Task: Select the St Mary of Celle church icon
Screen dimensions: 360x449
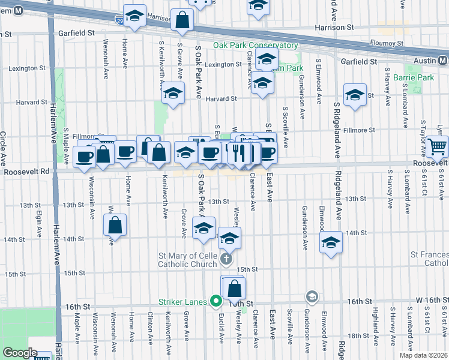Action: pos(226,259)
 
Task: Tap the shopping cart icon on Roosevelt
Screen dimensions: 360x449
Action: pos(438,146)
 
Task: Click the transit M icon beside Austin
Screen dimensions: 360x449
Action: pos(443,61)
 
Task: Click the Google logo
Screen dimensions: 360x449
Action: pos(20,353)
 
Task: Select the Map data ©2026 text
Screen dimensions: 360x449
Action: pos(423,355)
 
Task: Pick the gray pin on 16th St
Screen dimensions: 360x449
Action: pos(312,296)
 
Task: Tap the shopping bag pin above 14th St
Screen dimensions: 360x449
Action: pos(115,226)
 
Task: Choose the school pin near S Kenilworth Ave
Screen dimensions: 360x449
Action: pos(173,94)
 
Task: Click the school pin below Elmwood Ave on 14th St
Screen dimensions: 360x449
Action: pos(330,243)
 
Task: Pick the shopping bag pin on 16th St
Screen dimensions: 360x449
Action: pos(235,288)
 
